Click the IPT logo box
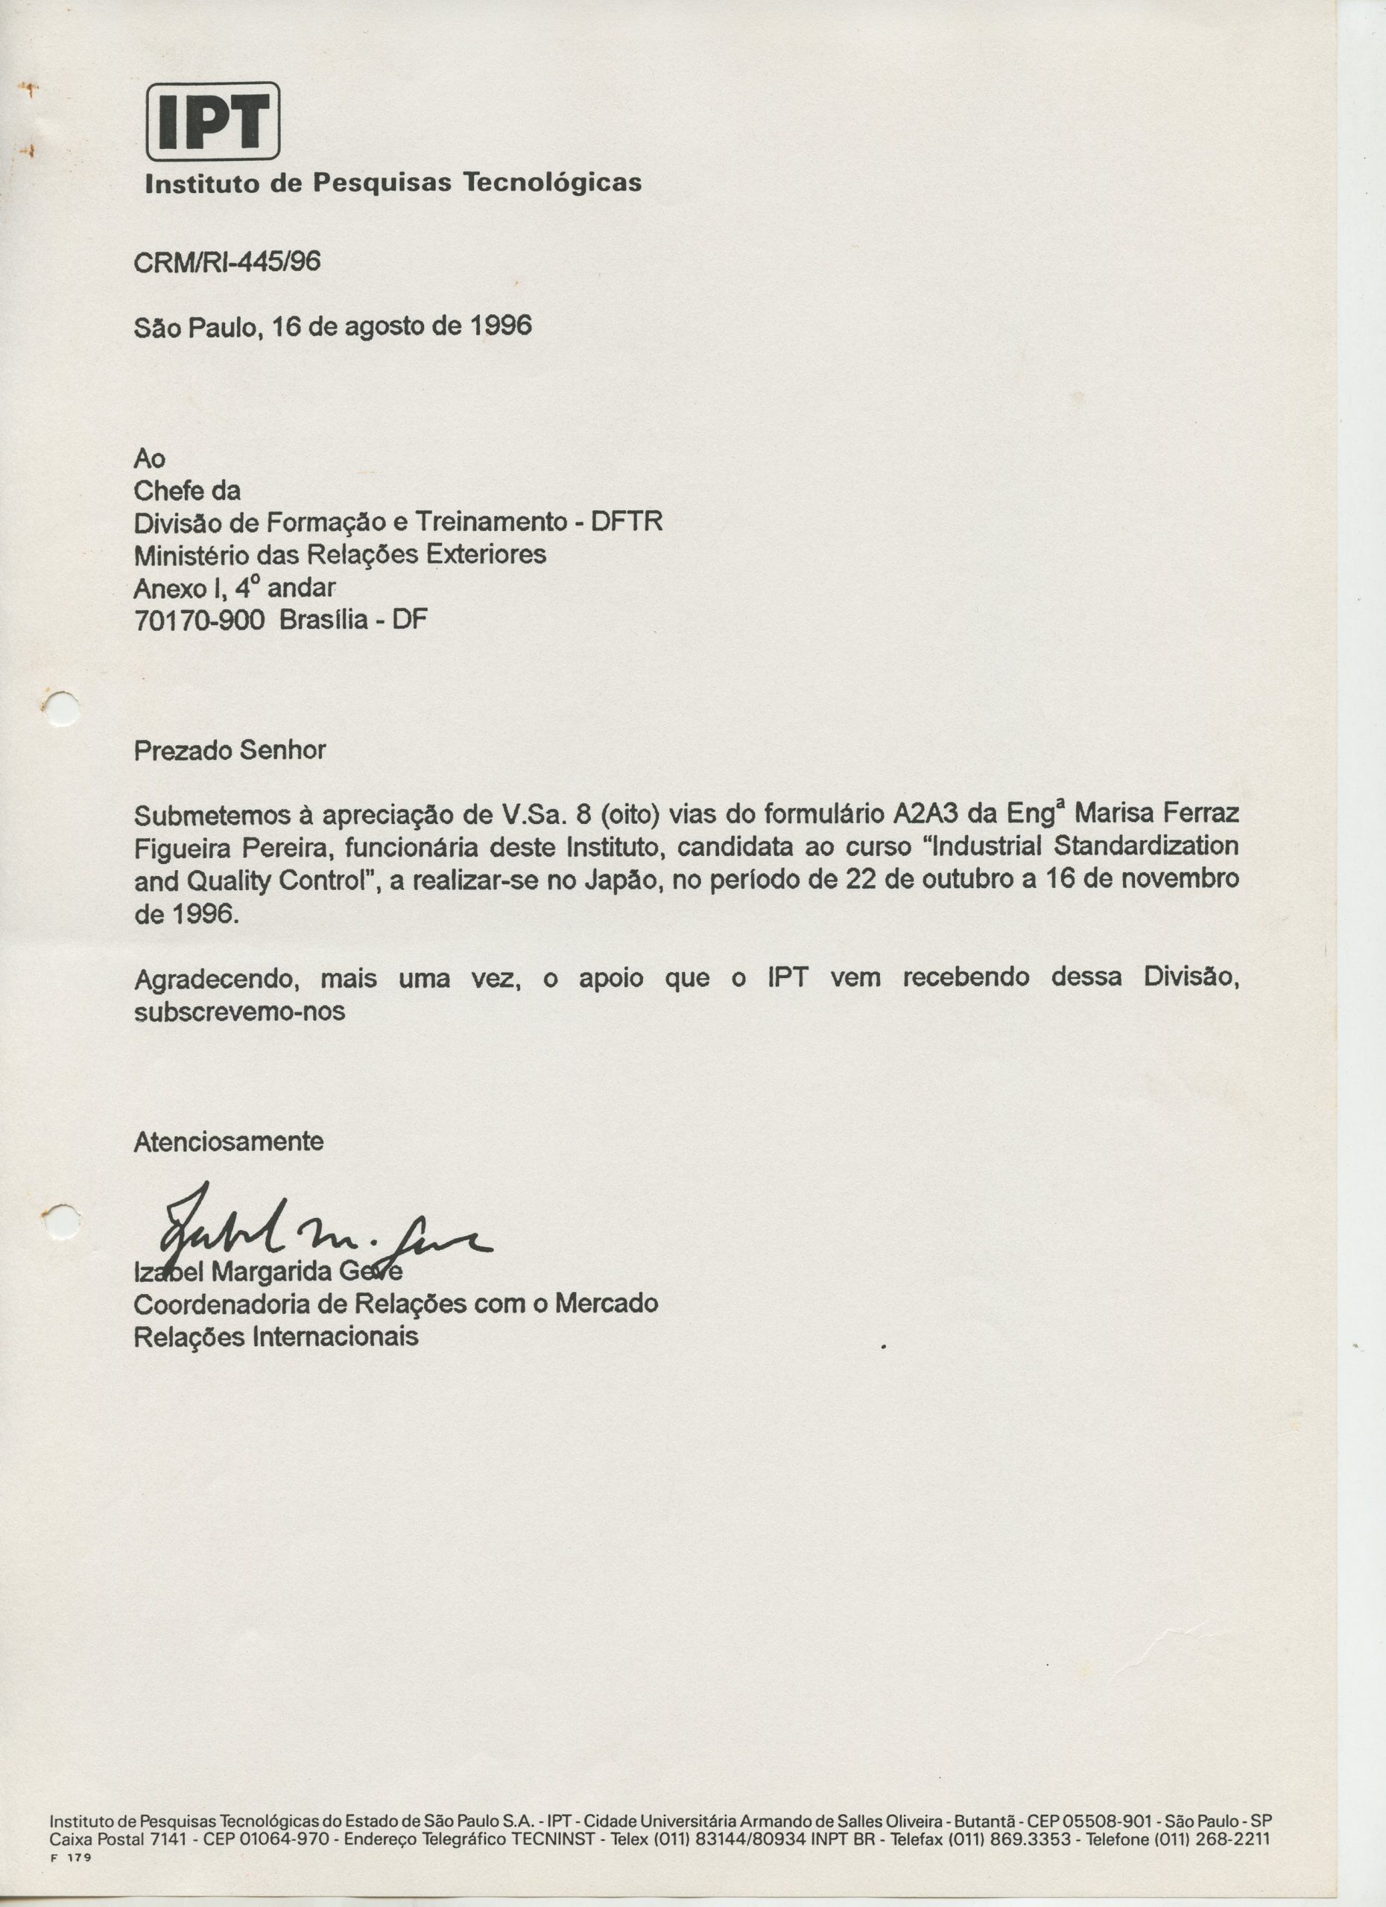click(213, 121)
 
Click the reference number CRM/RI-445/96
click(227, 263)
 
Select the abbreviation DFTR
click(627, 522)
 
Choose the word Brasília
click(324, 620)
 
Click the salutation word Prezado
click(183, 750)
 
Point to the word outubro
click(967, 880)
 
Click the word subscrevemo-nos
click(240, 1011)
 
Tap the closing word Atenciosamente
click(229, 1142)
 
